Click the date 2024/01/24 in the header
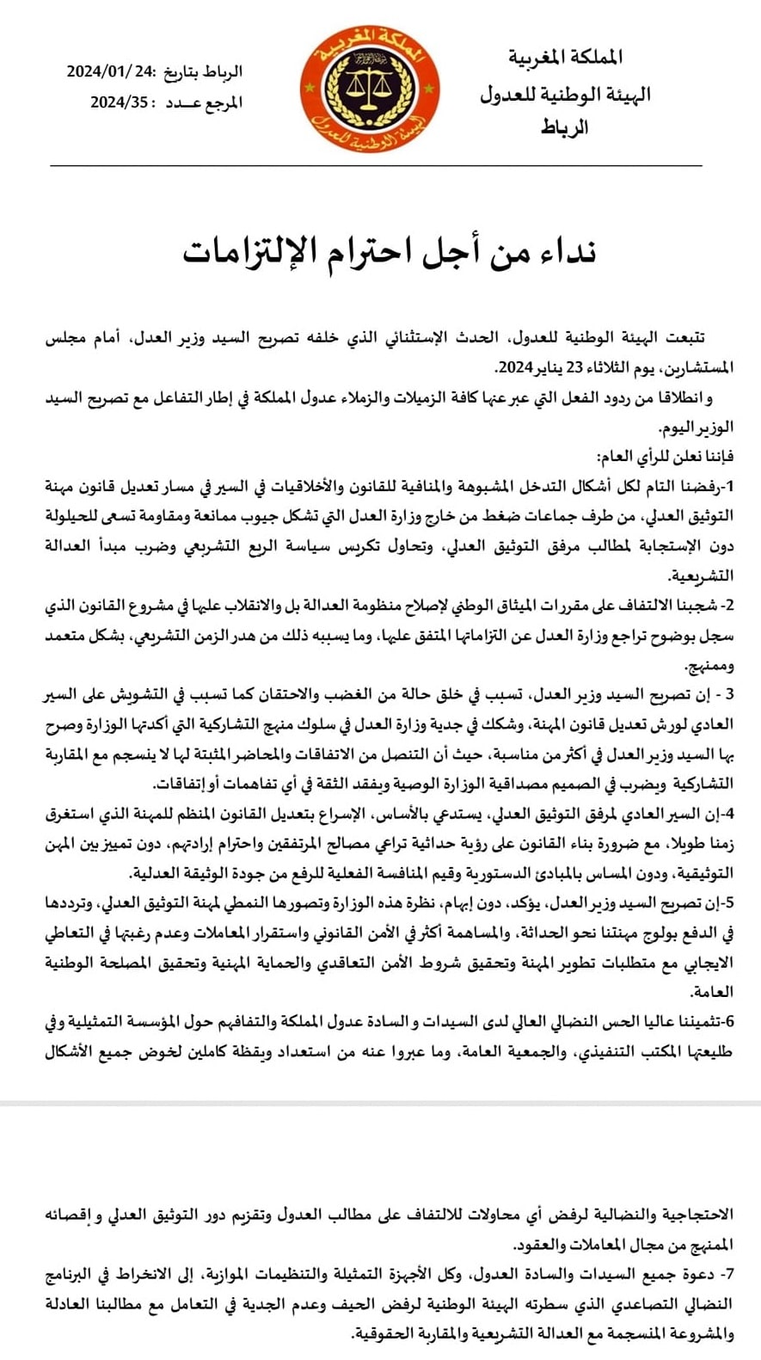tap(110, 72)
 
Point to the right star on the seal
tap(435, 89)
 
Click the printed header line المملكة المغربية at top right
tap(565, 58)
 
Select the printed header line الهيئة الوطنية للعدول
tap(565, 94)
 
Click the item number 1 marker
tap(729, 486)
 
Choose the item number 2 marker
tap(728, 606)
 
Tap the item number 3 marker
tap(728, 694)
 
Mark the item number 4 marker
tap(728, 813)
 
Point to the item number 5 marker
tap(728, 902)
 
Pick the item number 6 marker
tap(728, 1021)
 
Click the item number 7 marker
tap(728, 1274)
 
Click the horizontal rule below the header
tap(376, 165)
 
